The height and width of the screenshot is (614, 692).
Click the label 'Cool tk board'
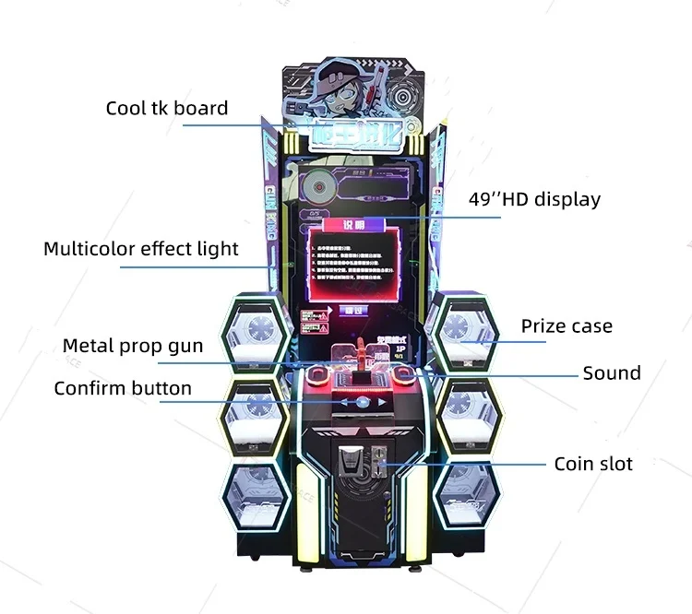(166, 109)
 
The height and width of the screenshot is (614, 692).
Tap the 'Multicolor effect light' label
(141, 249)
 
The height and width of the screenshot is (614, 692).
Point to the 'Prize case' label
(567, 325)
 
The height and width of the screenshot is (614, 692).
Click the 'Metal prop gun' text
(133, 346)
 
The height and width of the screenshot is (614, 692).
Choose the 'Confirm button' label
(123, 388)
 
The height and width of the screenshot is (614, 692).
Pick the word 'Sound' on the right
(611, 373)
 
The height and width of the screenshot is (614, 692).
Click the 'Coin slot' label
(593, 464)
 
